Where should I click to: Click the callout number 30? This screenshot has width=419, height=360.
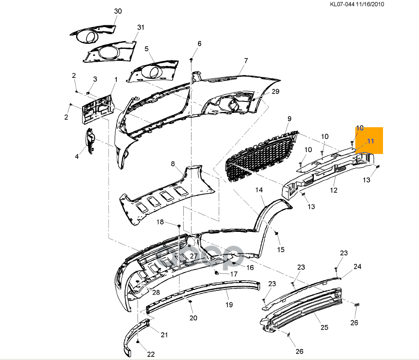tap(118, 11)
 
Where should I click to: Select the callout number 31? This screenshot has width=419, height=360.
tap(141, 28)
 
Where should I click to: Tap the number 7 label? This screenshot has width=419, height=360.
tap(246, 61)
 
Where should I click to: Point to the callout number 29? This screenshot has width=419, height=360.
tap(275, 92)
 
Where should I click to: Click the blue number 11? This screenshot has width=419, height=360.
tap(371, 141)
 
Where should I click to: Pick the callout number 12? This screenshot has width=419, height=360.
tap(334, 190)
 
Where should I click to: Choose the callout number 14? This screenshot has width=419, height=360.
tap(259, 190)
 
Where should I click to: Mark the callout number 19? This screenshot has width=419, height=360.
tap(229, 305)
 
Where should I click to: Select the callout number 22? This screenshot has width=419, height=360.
tap(151, 354)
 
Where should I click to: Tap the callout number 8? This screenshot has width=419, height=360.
tap(173, 164)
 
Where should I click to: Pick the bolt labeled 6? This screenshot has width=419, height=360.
tap(191, 60)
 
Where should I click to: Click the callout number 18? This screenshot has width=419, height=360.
tap(160, 222)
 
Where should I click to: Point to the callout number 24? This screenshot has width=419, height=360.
tap(358, 266)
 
